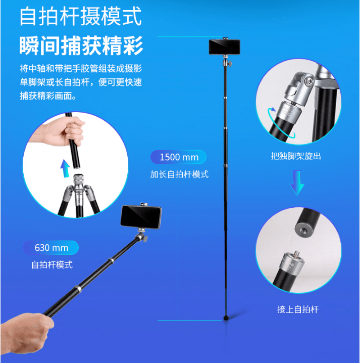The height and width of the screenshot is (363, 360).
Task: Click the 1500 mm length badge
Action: (x=178, y=157)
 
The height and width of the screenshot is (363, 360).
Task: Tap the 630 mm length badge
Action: (x=51, y=248)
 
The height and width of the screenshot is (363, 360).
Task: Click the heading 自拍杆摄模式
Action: (x=80, y=16)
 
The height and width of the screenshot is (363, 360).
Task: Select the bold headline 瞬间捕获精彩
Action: (x=81, y=46)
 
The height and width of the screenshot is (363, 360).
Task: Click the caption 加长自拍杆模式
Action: (x=179, y=174)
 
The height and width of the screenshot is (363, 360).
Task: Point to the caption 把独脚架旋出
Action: (x=296, y=156)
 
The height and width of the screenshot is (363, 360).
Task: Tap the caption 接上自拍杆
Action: (x=298, y=309)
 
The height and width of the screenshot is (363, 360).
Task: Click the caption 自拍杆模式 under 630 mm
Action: (x=52, y=265)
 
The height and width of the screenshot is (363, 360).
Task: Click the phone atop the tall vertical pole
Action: (x=224, y=47)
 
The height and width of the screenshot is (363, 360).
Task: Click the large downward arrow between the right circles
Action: (x=297, y=183)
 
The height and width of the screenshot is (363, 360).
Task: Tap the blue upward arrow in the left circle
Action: (x=65, y=168)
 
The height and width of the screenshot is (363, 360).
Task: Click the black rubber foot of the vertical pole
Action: (x=226, y=317)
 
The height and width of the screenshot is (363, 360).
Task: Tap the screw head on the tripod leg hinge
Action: (x=309, y=81)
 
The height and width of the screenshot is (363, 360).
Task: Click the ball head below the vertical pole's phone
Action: (x=226, y=62)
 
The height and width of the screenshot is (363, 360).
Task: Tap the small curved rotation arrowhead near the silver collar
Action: (x=273, y=109)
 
